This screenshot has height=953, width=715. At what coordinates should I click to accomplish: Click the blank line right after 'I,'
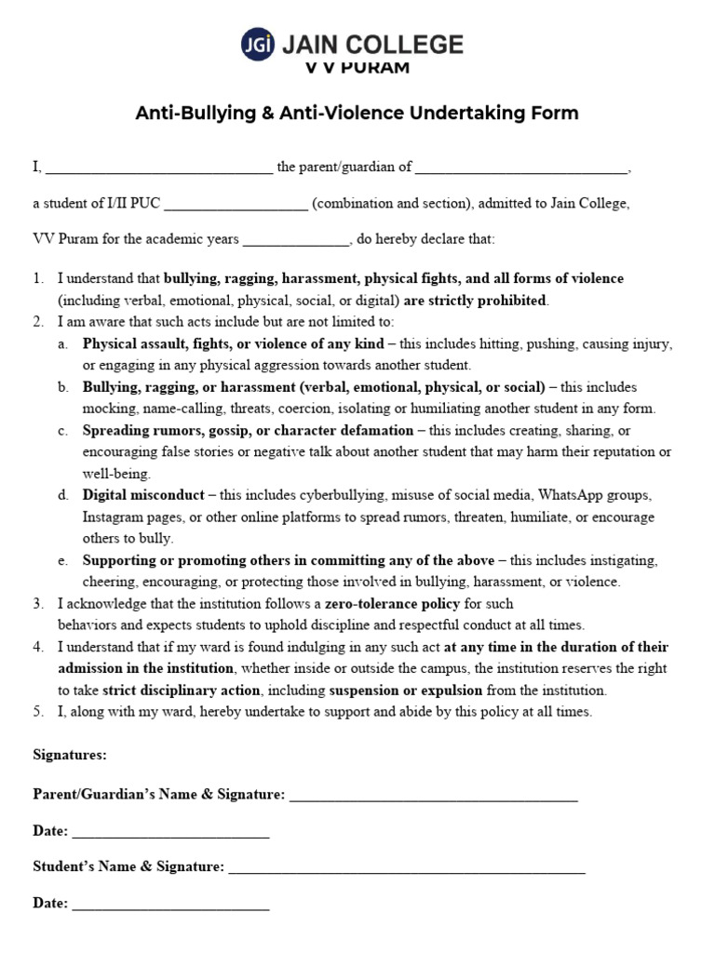(x=159, y=168)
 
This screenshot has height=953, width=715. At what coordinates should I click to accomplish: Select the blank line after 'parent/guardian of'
(x=521, y=168)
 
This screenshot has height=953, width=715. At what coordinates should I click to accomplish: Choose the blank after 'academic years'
(x=295, y=239)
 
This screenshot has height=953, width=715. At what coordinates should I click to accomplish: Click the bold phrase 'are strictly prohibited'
(x=476, y=301)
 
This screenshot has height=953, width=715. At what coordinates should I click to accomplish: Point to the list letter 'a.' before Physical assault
(x=62, y=344)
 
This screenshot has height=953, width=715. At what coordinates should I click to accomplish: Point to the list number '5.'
(x=38, y=712)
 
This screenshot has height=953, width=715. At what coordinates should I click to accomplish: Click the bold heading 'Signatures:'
(x=70, y=754)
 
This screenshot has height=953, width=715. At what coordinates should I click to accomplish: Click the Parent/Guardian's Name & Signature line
(x=434, y=796)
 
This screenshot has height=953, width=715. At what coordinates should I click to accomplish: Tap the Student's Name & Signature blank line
(x=407, y=868)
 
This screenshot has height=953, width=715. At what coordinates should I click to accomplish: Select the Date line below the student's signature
(x=170, y=905)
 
